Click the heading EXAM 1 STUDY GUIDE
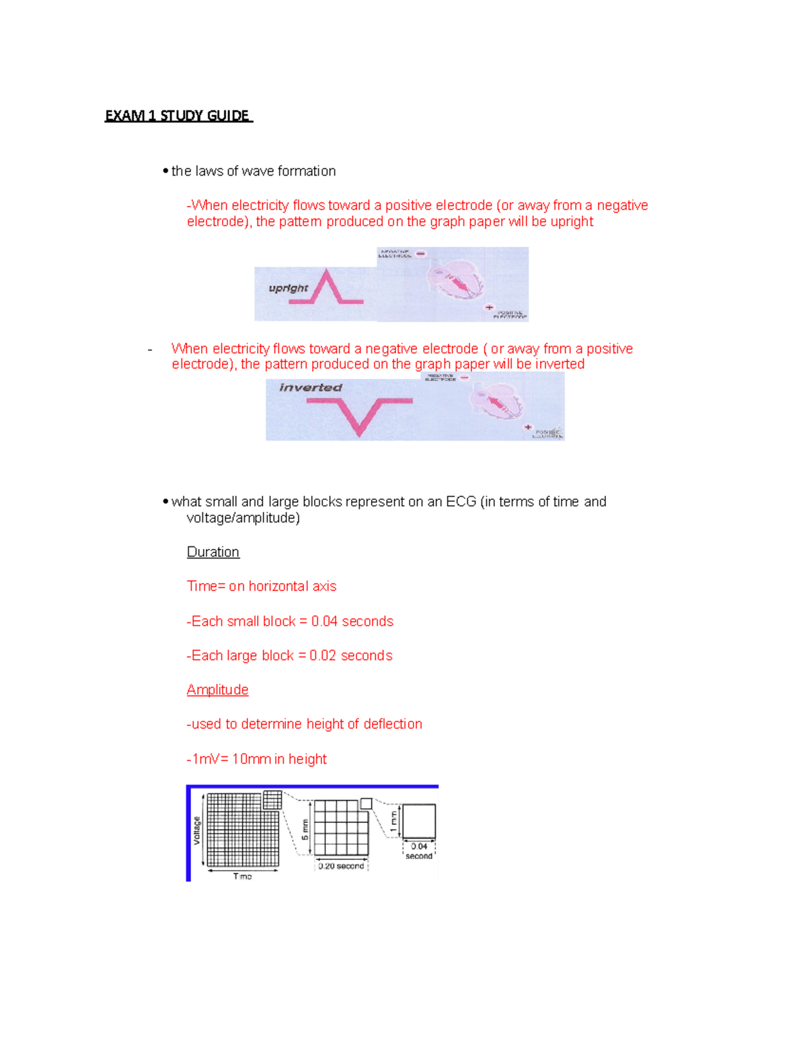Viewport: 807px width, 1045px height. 178,116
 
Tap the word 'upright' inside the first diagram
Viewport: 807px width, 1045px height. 288,288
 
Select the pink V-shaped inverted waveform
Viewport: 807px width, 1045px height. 360,415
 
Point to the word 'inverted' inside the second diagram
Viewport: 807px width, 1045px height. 311,388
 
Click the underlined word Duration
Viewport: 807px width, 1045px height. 213,552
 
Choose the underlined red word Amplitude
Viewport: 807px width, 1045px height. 217,690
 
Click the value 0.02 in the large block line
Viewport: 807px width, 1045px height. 323,655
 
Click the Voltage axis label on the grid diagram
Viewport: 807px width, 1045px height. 197,830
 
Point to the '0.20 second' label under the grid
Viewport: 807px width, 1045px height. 341,866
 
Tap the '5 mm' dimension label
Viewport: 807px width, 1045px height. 305,829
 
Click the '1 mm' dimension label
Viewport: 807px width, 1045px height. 393,821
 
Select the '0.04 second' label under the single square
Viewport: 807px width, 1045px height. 419,851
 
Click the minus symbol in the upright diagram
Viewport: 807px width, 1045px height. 420,254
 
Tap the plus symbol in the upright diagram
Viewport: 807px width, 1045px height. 489,308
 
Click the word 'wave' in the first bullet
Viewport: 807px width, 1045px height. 258,171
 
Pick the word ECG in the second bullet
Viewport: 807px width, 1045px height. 461,501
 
